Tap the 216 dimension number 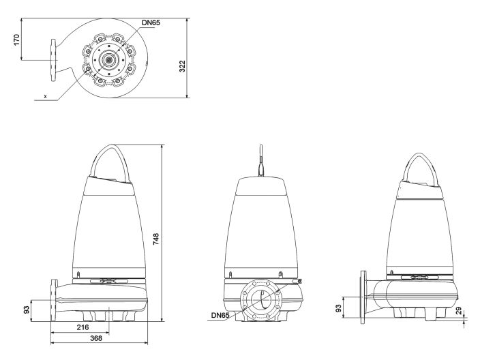tap(82, 328)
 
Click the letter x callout tap(45, 97)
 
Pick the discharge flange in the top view tap(54, 59)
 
